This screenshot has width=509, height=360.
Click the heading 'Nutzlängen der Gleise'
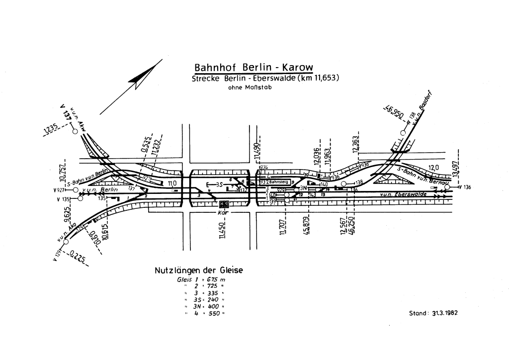click(x=198, y=270)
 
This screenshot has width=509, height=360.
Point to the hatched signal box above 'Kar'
click(x=224, y=204)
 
